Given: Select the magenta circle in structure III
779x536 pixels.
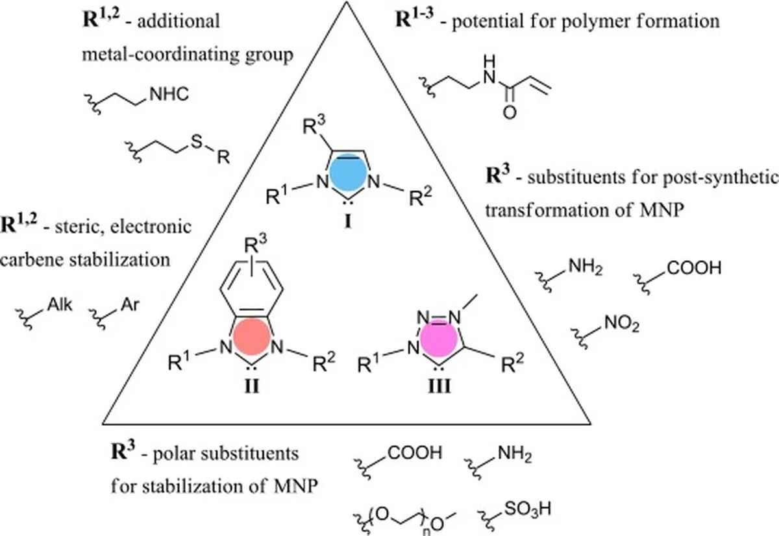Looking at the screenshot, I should (438, 339).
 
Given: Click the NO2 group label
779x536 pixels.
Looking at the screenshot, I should (623, 324).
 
